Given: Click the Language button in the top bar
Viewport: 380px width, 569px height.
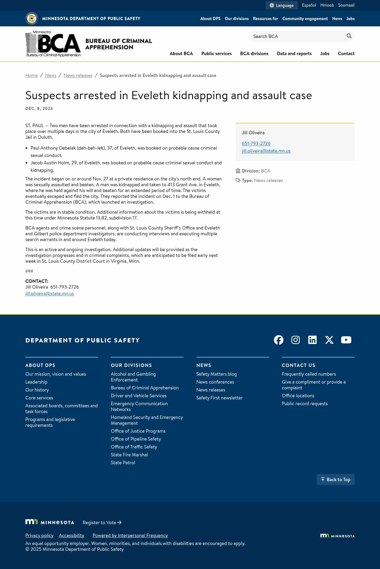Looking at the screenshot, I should click(x=281, y=5).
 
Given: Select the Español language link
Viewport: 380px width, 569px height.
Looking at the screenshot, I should click(x=309, y=5).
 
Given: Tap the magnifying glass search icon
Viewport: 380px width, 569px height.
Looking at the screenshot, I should click(x=349, y=36).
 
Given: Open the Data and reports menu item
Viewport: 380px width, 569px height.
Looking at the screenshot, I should click(x=294, y=54).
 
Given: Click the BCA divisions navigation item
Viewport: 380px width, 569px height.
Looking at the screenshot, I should click(x=254, y=54).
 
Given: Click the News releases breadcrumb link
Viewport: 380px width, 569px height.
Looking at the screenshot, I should click(x=78, y=75).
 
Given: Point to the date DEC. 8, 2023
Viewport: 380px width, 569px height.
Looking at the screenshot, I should click(x=39, y=109).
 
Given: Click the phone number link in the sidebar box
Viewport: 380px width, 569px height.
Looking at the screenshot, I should click(x=256, y=144).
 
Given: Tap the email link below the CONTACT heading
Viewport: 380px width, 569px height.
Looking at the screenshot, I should click(x=50, y=294).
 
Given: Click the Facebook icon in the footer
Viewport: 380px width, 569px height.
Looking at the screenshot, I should click(x=278, y=340).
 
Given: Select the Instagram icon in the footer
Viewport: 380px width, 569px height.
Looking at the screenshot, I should click(x=295, y=340).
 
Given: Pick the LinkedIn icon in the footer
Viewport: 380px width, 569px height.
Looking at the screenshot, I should click(x=312, y=340).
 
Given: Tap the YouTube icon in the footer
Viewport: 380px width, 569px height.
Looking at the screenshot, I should click(x=346, y=340).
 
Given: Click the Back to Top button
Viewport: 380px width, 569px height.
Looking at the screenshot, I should click(x=335, y=480).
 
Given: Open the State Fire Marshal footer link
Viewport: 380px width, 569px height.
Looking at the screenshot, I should click(x=129, y=455).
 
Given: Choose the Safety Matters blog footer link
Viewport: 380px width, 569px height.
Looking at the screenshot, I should click(x=216, y=374).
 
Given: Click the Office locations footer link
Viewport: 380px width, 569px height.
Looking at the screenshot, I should click(x=298, y=396).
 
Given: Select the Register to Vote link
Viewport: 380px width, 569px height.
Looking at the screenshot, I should click(x=102, y=523).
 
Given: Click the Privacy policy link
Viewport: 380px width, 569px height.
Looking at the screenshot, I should click(x=39, y=535).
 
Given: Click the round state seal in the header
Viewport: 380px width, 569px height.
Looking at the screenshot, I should click(x=32, y=18).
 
